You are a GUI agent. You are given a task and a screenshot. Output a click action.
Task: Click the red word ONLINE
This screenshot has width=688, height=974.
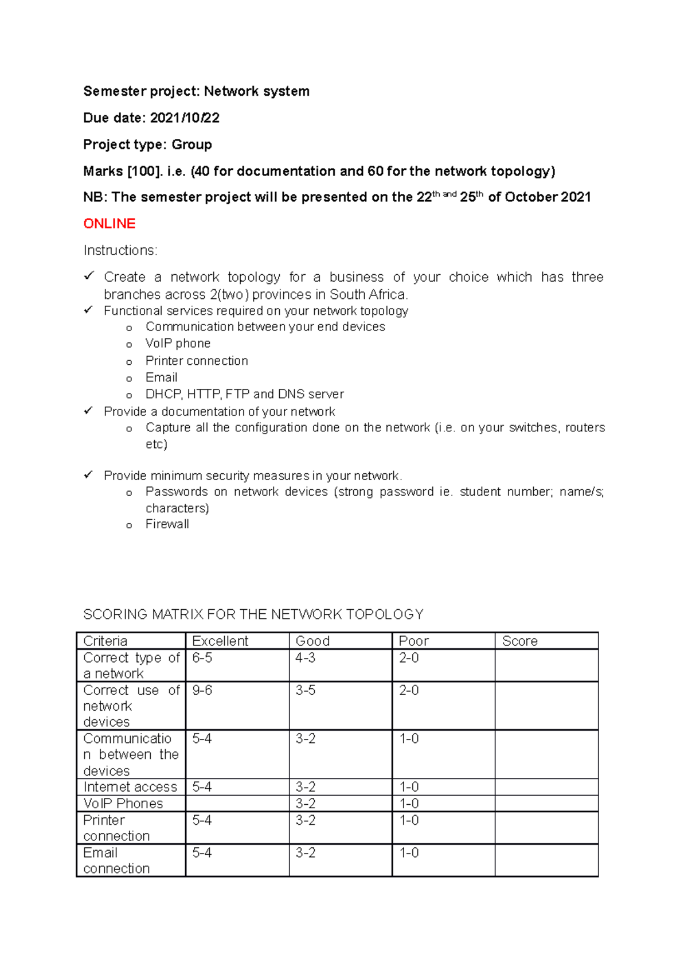(109, 224)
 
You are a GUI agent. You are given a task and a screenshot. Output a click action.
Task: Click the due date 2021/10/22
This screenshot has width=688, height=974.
(185, 118)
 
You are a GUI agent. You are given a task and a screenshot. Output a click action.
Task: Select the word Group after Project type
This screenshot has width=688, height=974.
(191, 145)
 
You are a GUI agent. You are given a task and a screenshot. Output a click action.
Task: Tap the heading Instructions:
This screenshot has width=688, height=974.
(120, 251)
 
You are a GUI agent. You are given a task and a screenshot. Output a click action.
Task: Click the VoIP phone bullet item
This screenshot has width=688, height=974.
(178, 344)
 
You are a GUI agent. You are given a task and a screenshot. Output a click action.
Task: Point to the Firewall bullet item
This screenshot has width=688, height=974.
(167, 524)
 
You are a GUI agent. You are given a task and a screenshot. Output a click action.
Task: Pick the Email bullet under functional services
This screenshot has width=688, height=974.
(161, 377)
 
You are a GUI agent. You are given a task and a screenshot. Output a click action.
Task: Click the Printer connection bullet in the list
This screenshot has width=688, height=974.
(197, 361)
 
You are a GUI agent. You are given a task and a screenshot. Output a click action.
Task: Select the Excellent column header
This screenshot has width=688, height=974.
(220, 641)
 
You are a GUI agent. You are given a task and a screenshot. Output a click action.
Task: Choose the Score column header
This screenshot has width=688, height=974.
(519, 641)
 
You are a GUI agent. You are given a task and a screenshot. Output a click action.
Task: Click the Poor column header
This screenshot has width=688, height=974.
(413, 641)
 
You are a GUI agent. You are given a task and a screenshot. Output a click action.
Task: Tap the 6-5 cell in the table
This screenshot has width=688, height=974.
(202, 658)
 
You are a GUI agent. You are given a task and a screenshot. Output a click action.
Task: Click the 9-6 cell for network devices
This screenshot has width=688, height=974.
(202, 691)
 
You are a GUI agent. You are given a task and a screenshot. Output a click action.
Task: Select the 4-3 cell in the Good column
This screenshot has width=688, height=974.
(305, 658)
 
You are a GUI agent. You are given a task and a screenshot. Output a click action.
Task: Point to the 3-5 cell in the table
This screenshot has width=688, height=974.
(305, 691)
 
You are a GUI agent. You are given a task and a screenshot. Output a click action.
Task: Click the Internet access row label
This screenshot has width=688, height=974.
(130, 787)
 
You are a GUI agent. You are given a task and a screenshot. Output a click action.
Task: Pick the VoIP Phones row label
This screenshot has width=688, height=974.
(123, 804)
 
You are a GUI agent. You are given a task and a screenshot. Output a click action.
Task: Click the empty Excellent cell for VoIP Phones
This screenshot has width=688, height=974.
(237, 804)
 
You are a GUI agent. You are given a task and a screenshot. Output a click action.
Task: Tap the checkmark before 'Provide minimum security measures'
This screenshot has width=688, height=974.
(88, 475)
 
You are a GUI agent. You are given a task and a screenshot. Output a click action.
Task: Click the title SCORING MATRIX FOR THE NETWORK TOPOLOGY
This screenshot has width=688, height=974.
(253, 614)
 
